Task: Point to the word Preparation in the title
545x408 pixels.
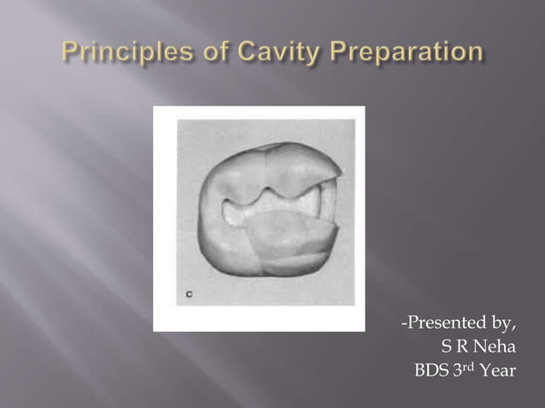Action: (x=401, y=53)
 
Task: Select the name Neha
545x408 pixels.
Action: (x=495, y=347)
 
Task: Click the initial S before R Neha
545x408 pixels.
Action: (x=445, y=347)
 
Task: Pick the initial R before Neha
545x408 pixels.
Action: (x=460, y=347)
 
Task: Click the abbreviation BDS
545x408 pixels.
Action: (x=432, y=371)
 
